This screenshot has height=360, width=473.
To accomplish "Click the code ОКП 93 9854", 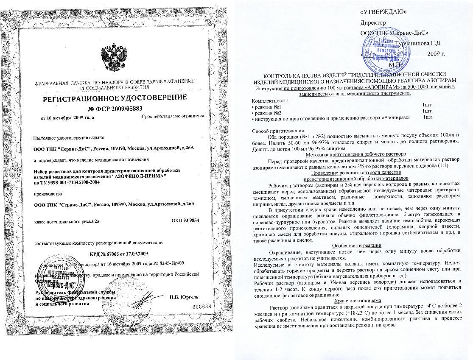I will coord(185,220).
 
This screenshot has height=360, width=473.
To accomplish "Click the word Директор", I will coord(373,22).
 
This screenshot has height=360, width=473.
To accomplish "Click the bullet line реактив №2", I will coord(267,111).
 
